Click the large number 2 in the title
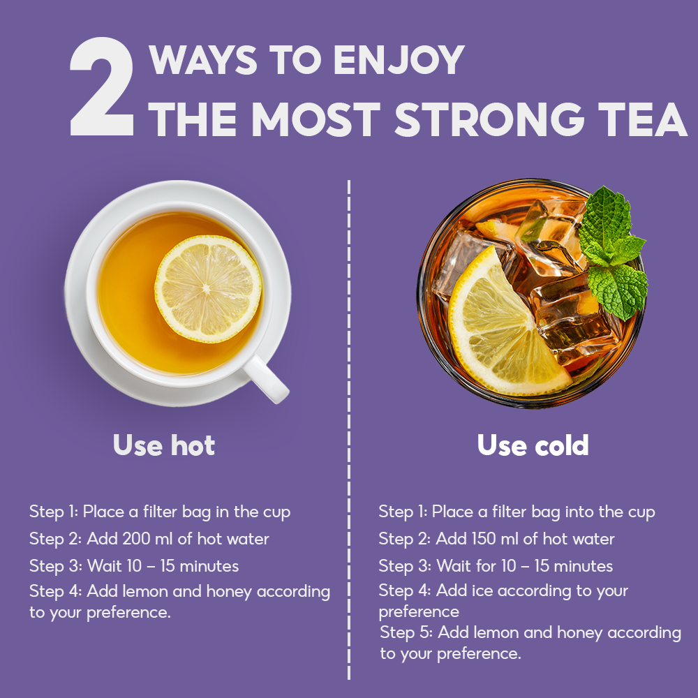[102, 87]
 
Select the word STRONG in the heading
[489, 120]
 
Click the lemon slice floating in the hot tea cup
[208, 289]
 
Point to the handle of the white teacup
[266, 379]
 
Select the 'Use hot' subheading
[164, 445]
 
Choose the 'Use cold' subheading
[533, 445]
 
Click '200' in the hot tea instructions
[136, 539]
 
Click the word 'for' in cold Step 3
[486, 566]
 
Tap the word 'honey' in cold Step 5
[580, 634]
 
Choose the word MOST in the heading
[315, 120]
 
